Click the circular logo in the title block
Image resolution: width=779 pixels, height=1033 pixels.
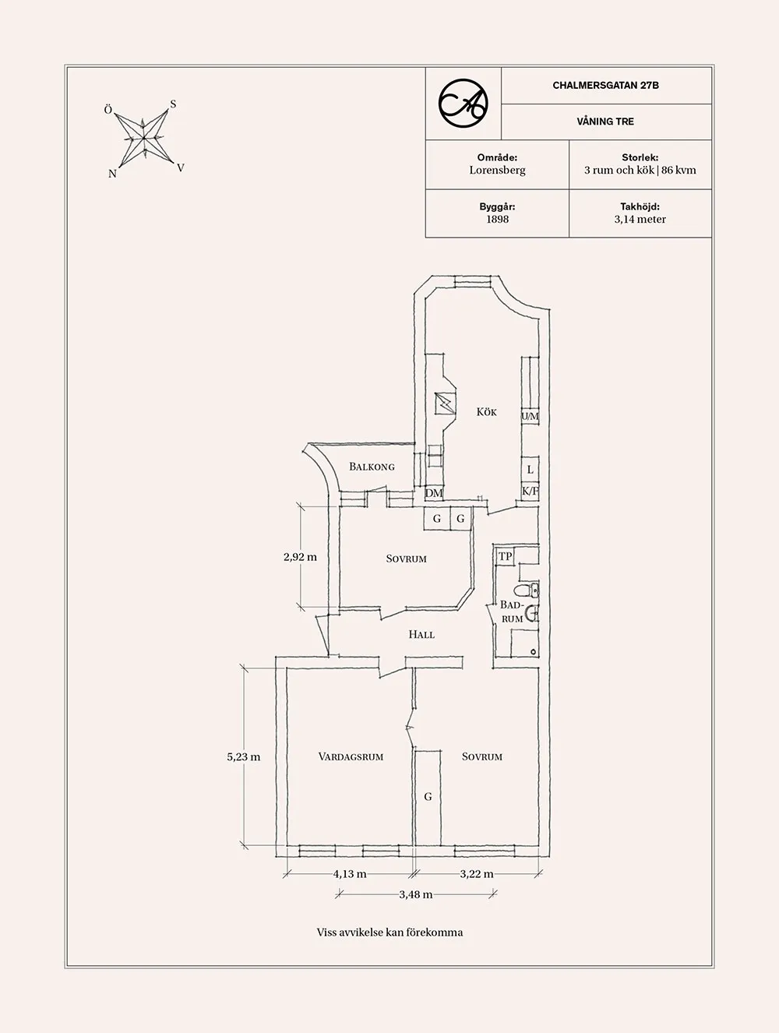coord(464,104)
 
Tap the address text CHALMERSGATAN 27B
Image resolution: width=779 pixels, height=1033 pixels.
coord(605,85)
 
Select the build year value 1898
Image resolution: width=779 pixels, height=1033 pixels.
coord(497,220)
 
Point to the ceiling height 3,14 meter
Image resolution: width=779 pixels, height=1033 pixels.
coord(640,220)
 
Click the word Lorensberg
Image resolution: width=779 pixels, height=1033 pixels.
coord(497,171)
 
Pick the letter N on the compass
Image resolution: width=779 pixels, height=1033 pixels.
coord(112,174)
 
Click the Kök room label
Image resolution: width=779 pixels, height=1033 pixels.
coord(486,412)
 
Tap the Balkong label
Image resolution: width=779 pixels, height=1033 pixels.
coord(372,467)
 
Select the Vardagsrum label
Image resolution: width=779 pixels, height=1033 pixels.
coord(351,756)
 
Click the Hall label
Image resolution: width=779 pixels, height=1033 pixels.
coord(421,634)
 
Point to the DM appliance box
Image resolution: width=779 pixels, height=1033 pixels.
coord(434,492)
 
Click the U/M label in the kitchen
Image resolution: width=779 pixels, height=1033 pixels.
coord(530,416)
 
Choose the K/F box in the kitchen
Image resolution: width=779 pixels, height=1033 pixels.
coord(530,492)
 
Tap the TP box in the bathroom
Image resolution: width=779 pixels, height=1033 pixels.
coord(506,557)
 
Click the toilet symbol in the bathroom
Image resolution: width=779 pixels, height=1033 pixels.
coord(527,590)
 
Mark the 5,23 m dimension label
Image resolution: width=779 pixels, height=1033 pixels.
coord(244,756)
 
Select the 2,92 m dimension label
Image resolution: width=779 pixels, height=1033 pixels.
coord(300,557)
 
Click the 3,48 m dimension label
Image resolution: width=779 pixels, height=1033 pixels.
coord(416,894)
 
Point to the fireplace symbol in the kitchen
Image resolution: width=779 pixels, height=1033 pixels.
coord(445,404)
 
